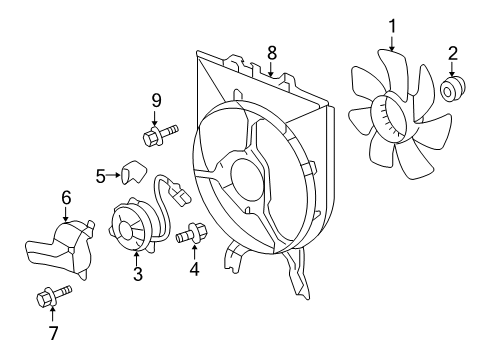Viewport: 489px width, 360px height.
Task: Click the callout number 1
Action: pos(392,24)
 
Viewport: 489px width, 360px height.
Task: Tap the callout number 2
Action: pos(452,53)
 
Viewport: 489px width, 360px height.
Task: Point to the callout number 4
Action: pos(194,268)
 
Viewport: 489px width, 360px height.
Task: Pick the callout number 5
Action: pos(101,177)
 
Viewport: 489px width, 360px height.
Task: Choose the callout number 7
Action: pos(52,332)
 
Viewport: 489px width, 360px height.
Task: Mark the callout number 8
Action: pos(271,50)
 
